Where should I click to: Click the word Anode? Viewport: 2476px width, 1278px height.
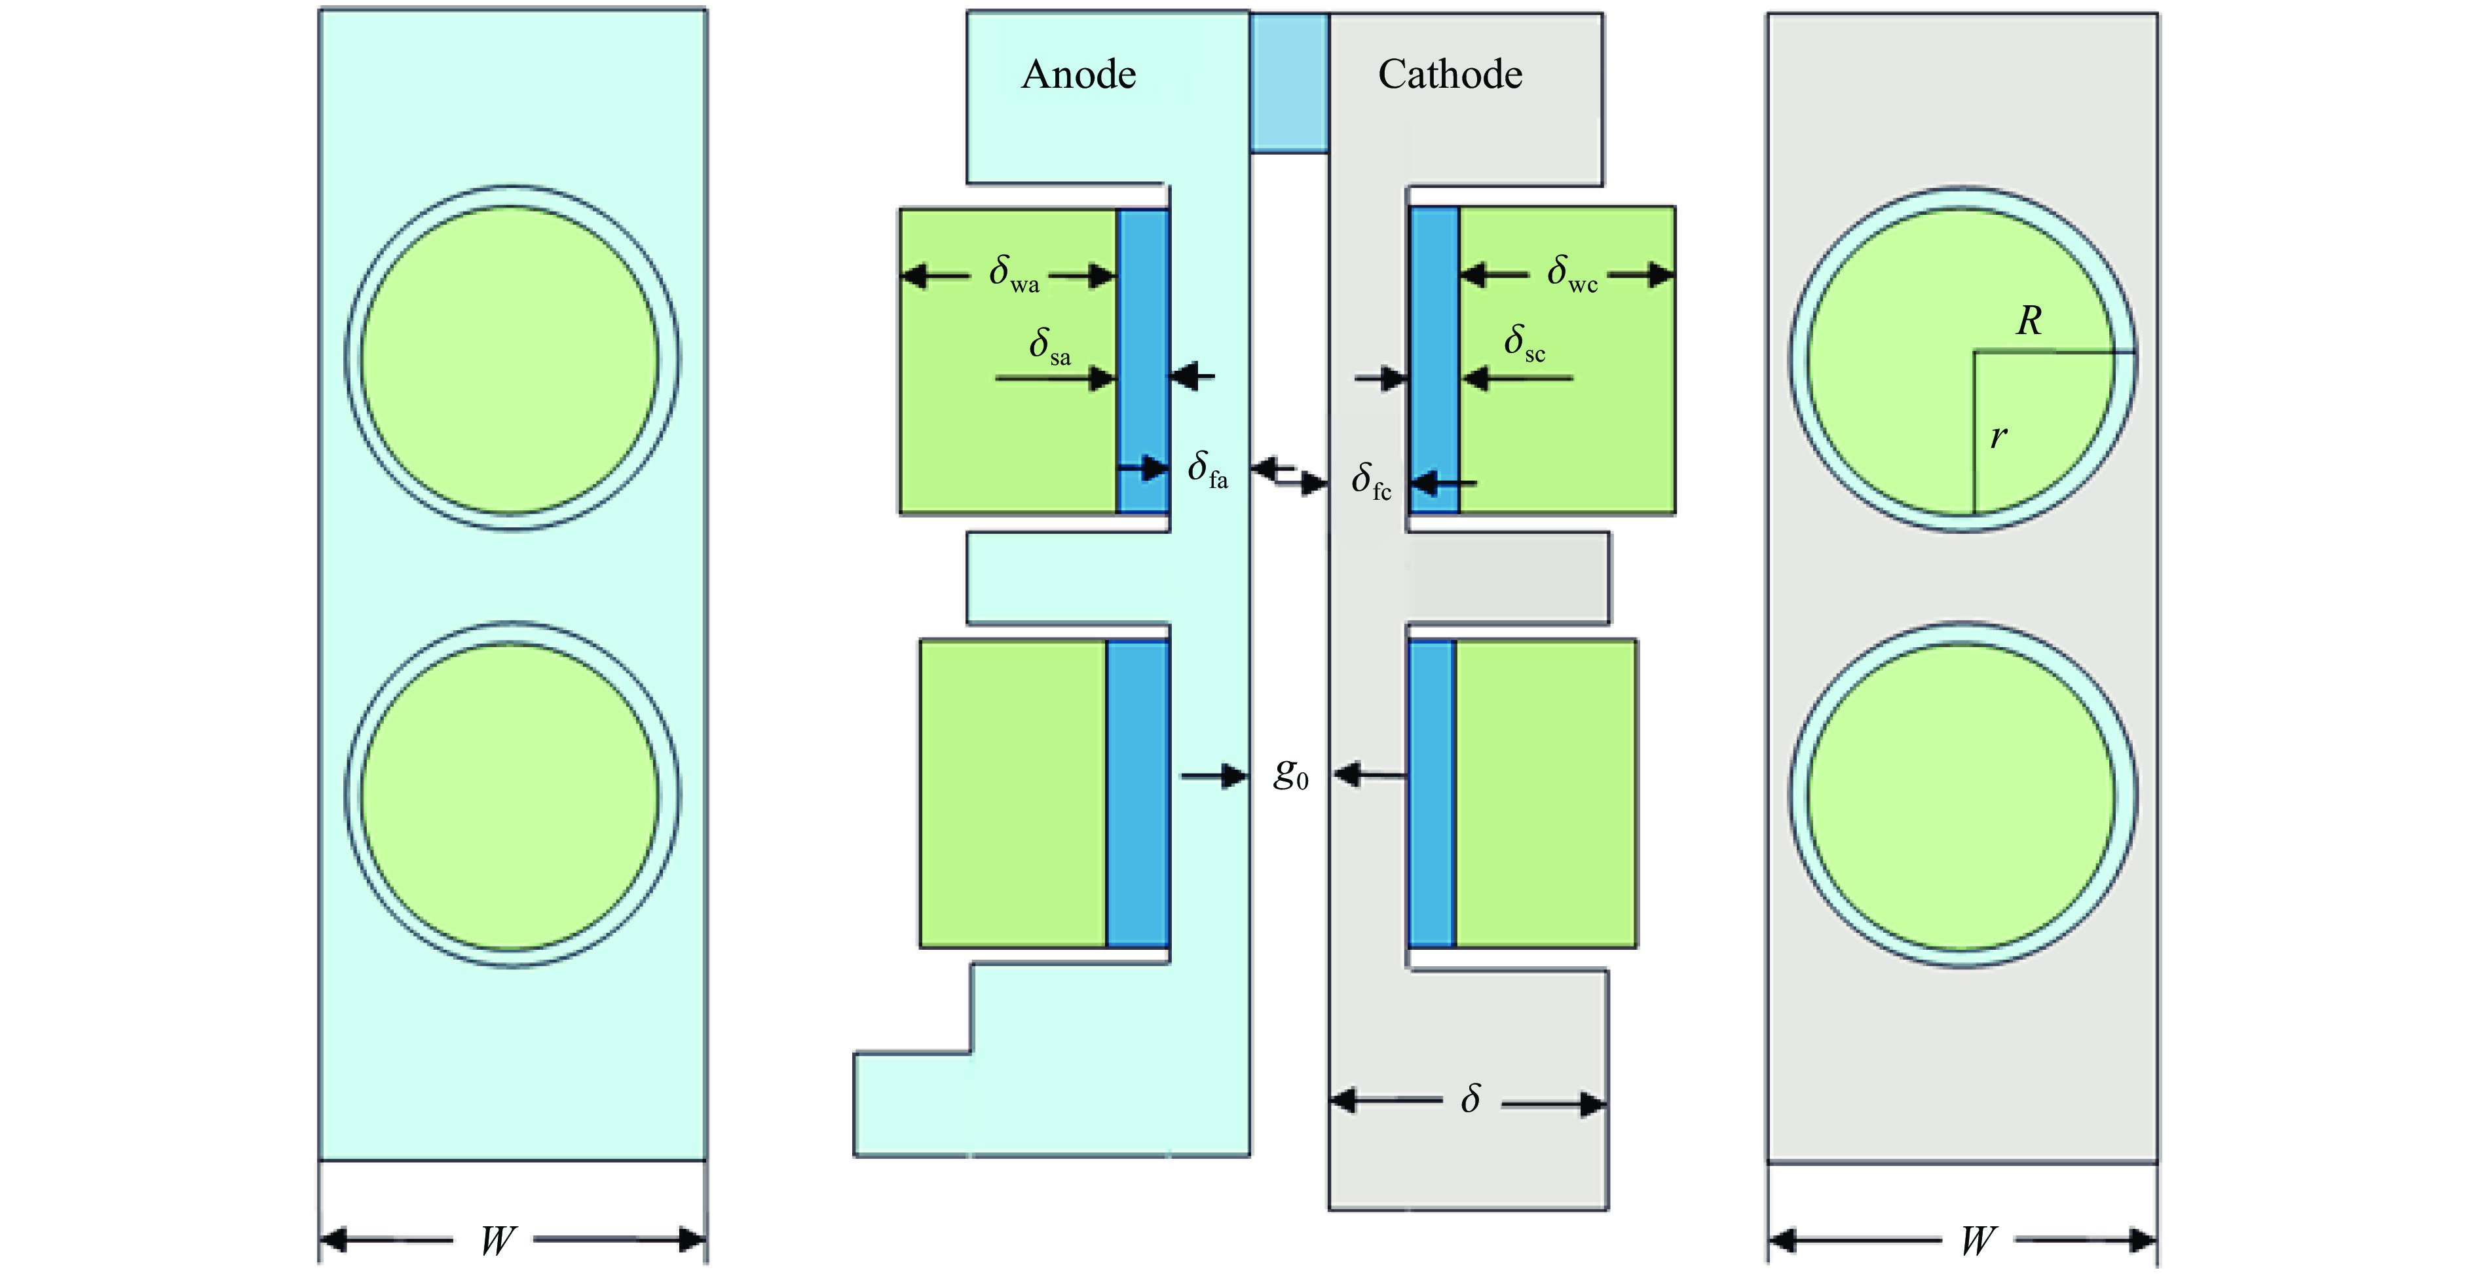[1078, 75]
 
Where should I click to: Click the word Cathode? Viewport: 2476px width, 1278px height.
[1450, 75]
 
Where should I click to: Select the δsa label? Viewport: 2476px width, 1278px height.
[1049, 346]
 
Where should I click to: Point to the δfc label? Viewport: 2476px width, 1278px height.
[1370, 480]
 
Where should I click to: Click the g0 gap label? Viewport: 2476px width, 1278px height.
[1290, 774]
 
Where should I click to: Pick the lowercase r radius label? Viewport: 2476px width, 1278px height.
[1998, 437]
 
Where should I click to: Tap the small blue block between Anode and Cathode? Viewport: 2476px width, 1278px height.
[1289, 83]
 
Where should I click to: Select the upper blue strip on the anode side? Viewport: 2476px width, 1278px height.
[1144, 360]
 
